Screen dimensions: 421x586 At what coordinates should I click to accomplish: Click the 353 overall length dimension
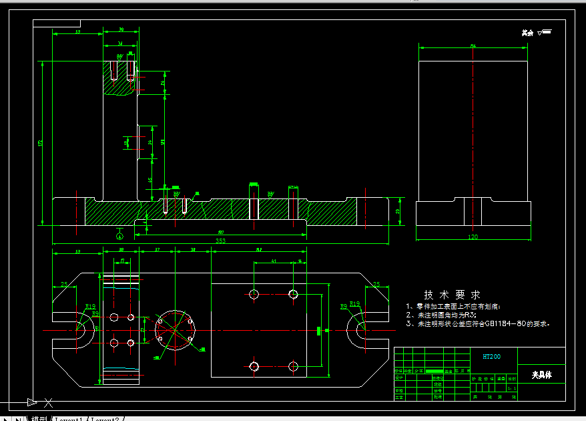(220, 241)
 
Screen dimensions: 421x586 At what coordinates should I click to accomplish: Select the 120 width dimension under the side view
(473, 237)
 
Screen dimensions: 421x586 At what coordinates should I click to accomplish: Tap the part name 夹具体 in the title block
(541, 374)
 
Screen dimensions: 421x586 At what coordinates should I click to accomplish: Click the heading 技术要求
(452, 295)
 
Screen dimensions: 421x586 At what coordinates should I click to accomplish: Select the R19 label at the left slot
(91, 307)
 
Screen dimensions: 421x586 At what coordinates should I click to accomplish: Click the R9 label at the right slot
(343, 307)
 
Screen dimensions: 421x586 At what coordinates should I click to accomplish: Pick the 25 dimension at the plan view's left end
(64, 284)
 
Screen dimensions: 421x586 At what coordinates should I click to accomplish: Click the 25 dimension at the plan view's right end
(376, 284)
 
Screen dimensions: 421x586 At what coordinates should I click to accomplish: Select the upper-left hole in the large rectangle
(254, 293)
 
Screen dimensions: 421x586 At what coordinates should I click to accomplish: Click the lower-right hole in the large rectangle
(293, 366)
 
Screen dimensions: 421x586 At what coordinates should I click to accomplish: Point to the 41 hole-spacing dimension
(274, 262)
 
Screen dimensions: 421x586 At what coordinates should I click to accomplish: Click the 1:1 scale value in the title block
(512, 387)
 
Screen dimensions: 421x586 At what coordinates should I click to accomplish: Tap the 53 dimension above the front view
(77, 31)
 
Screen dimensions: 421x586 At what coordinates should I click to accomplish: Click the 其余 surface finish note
(528, 32)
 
